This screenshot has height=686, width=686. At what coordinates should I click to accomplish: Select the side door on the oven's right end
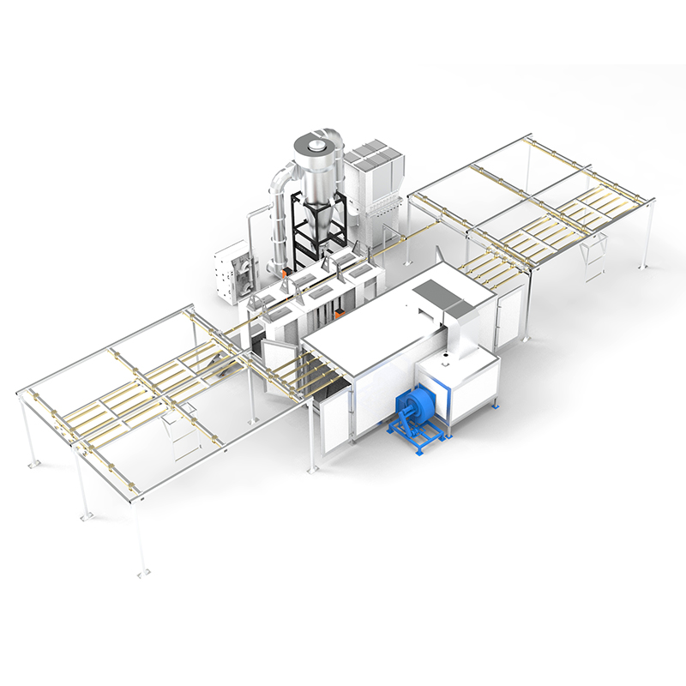coord(510,315)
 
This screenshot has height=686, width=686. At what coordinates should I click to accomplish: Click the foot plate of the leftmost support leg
coord(33,464)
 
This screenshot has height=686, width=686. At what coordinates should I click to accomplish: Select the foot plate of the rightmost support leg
coord(642,267)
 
